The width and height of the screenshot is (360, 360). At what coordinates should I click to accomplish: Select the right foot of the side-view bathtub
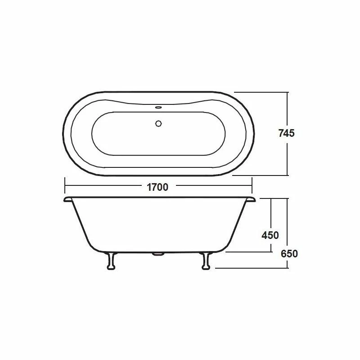[x=207, y=261]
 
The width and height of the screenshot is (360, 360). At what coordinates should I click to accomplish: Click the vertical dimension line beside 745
[x=287, y=108]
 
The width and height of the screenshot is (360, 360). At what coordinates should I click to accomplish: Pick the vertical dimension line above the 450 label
[x=271, y=214]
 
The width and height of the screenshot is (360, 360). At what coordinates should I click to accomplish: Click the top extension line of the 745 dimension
[x=261, y=92]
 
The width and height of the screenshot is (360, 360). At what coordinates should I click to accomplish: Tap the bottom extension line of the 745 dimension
[x=261, y=175]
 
